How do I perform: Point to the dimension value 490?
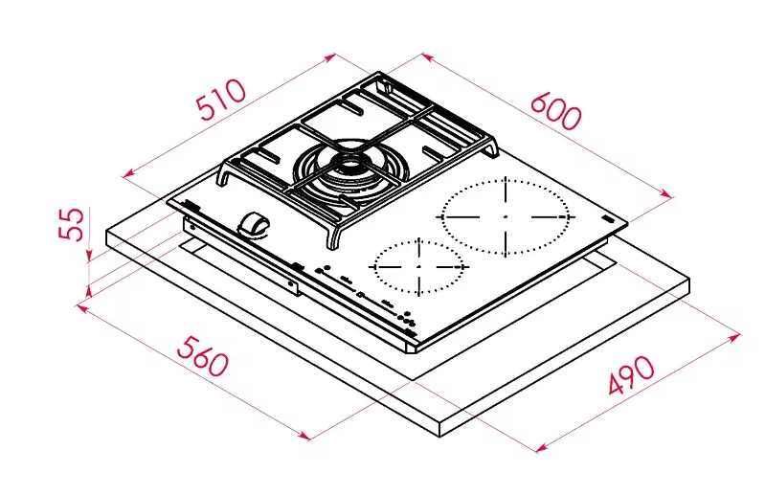pos(632,377)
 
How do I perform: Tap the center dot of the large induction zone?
pos(505,216)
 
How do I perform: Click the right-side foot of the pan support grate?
pos(493,150)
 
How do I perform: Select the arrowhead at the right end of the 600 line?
pos(669,197)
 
